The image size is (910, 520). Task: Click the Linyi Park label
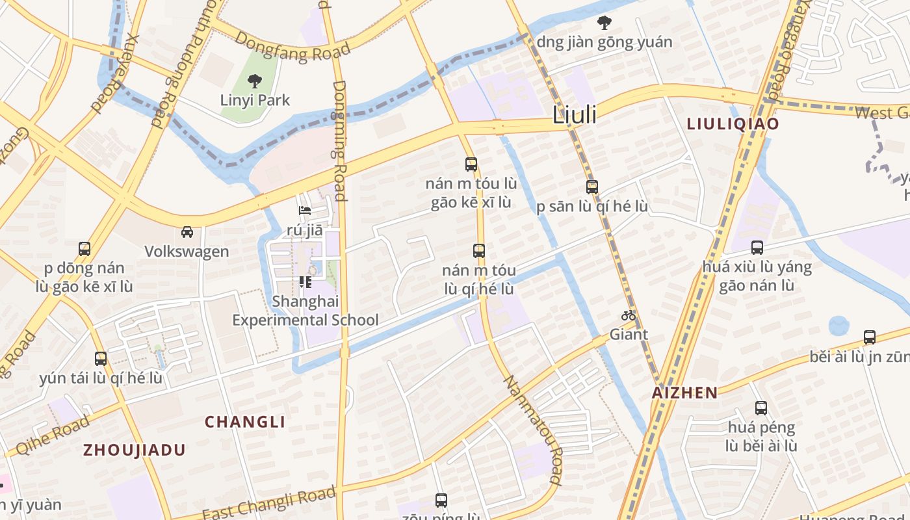click(255, 100)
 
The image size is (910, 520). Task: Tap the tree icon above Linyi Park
click(254, 81)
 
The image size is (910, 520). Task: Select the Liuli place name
click(574, 115)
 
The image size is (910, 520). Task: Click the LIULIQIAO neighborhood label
click(733, 123)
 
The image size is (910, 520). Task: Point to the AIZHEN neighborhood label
click(685, 393)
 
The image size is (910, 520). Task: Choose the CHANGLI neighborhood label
click(245, 422)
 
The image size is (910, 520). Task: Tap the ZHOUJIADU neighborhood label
click(135, 450)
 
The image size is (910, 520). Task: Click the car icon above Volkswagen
click(187, 232)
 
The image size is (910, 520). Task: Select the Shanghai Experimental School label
click(305, 311)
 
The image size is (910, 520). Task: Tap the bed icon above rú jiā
click(304, 211)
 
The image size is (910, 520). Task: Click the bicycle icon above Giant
click(628, 316)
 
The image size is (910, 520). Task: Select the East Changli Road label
click(268, 503)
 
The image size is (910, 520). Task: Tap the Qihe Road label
click(52, 435)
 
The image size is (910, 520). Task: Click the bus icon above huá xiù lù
click(757, 247)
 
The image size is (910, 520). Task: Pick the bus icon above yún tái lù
click(100, 358)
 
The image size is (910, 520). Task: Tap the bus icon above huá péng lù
click(760, 408)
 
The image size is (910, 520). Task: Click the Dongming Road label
click(339, 140)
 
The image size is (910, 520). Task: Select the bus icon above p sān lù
click(591, 187)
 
